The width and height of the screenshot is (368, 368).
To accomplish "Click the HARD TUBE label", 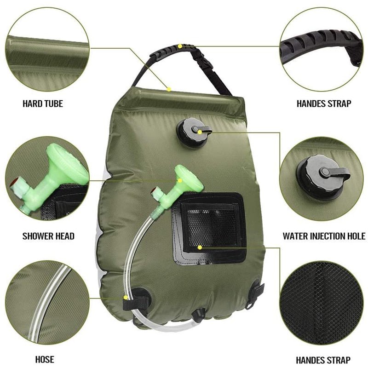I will [43, 104].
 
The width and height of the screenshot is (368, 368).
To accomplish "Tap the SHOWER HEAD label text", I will [48, 236].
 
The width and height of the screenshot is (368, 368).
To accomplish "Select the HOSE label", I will [45, 359].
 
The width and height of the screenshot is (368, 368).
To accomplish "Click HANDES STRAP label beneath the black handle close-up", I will [324, 104].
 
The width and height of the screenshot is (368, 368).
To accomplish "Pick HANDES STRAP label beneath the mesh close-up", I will [323, 360].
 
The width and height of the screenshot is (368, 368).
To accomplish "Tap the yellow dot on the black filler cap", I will [201, 131].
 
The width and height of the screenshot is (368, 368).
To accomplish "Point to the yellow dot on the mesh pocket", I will [199, 247].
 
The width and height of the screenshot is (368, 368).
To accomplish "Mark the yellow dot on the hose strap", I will [126, 298].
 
